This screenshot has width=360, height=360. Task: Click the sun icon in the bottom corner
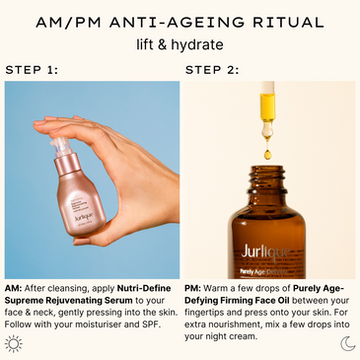pos(14,343)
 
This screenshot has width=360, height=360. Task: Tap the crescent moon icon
pos(346,343)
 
